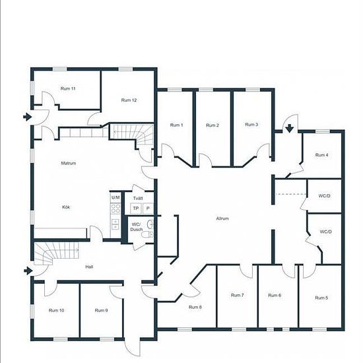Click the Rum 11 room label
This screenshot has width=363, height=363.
coord(68,88)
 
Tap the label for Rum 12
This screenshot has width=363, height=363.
coord(129,100)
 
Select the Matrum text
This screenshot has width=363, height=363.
coord(69,163)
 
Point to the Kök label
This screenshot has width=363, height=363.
coord(66,207)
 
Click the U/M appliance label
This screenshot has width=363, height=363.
coord(115,197)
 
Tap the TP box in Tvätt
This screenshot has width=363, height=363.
coord(136,209)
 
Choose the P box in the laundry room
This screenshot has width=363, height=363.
coord(148,209)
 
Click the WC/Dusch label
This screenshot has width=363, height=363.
coord(137,227)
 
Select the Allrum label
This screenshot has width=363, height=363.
coord(222,218)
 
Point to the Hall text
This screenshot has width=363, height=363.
coord(89,267)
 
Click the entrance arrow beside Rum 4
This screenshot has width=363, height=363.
coord(289,128)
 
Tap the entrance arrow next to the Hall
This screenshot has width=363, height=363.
coord(28,271)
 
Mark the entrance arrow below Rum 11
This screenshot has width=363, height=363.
coord(27,117)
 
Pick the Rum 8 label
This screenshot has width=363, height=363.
coord(195,307)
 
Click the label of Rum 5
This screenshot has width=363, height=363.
coord(321,298)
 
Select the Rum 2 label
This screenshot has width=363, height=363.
coord(213,125)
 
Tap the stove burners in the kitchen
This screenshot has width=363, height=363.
coord(115,209)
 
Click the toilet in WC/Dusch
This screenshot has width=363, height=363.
coord(147,234)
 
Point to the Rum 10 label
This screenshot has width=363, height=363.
coord(56,310)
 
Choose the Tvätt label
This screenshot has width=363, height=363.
coord(138,198)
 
